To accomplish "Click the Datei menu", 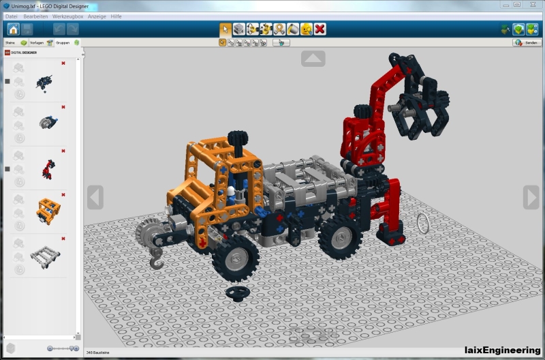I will pyautogui.click(x=11, y=16).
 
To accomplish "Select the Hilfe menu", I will pyautogui.click(x=116, y=16).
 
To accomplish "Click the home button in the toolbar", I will pyautogui.click(x=13, y=29).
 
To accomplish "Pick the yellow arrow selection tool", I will pyautogui.click(x=225, y=29).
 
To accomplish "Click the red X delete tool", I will pyautogui.click(x=320, y=29).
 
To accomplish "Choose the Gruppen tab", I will pyautogui.click(x=63, y=42).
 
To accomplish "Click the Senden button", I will pyautogui.click(x=527, y=42).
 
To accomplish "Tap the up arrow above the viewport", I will pyautogui.click(x=313, y=59).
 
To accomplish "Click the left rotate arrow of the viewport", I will pyautogui.click(x=95, y=197).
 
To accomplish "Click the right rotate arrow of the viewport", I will pyautogui.click(x=531, y=197).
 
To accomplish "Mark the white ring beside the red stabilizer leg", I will pyautogui.click(x=423, y=222).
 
